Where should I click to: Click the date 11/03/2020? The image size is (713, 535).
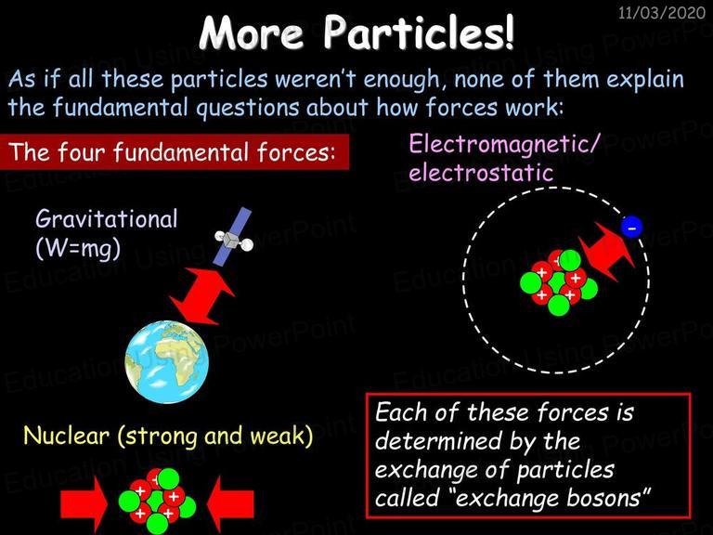click(662, 12)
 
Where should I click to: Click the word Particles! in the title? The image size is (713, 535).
click(419, 33)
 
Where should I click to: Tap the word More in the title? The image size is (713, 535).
click(252, 33)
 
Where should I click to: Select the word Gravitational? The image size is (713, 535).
click(107, 219)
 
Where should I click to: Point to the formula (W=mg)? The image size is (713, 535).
click(78, 249)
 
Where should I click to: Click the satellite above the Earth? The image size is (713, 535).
click(233, 237)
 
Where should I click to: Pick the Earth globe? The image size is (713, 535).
click(167, 362)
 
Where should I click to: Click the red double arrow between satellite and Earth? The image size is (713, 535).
click(202, 296)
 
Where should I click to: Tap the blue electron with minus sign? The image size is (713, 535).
click(632, 226)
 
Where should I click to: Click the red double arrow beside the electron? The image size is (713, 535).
click(606, 251)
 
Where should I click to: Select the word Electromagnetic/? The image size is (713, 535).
click(505, 144)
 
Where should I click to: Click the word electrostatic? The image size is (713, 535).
click(481, 173)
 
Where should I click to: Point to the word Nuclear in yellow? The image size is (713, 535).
click(67, 436)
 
